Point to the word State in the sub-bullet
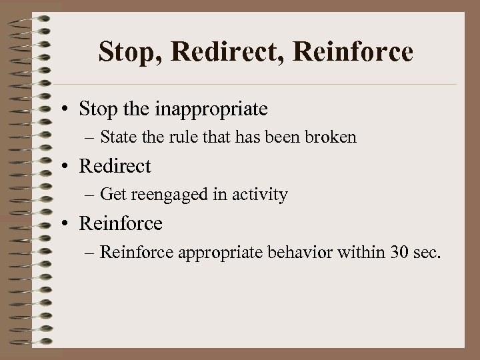pos(118,138)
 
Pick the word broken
pos(333,138)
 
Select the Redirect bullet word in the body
pos(115,166)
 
